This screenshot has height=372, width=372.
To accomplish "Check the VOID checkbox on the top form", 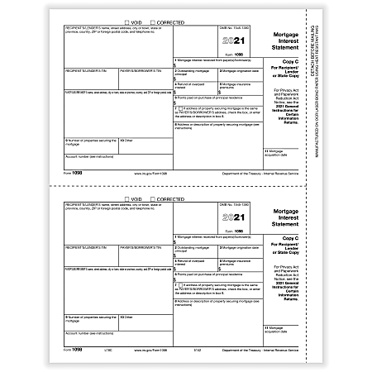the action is pos(126,21).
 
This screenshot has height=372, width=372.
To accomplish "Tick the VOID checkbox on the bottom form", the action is pos(126,199).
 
